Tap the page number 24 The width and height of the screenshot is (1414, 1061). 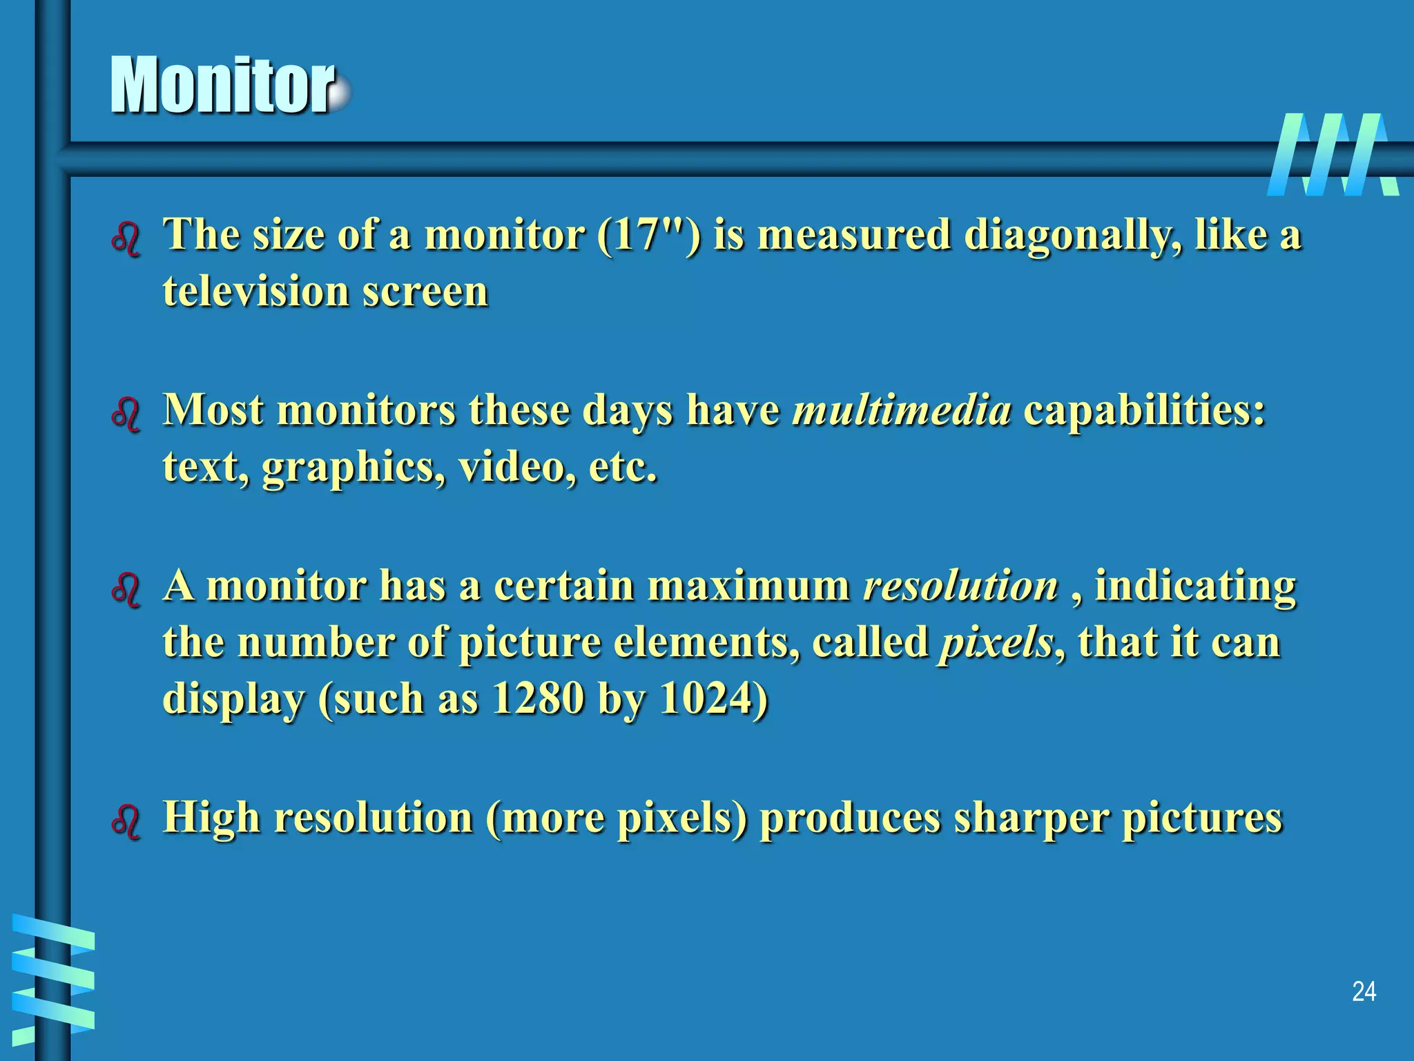coord(1364,992)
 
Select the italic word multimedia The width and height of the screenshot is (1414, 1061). coord(902,410)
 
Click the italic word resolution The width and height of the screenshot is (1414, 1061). coord(960,586)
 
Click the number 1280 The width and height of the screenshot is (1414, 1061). coord(539,699)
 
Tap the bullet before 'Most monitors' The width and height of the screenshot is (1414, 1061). coord(126,416)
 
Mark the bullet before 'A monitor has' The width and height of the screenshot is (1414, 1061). coord(126,591)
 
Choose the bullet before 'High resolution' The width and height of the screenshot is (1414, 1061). coord(126,823)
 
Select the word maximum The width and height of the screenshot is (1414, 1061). coord(748,586)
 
